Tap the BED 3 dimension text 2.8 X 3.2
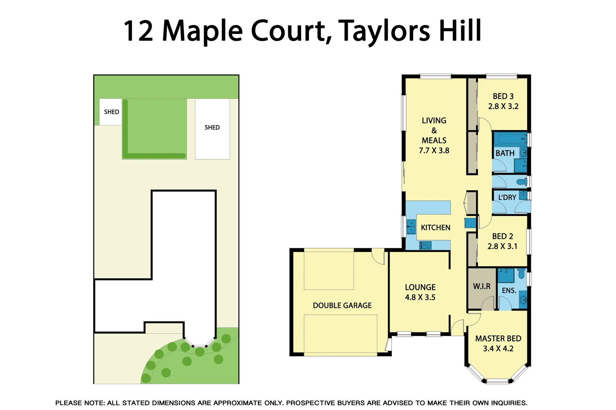coord(503,107)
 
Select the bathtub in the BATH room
coord(510,139)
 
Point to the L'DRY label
coord(507,197)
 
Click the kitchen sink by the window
coord(411,227)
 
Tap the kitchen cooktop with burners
coord(425,245)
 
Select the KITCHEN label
coord(435,228)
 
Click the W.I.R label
coord(481,287)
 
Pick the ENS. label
coord(509,291)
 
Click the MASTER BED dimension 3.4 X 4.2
coord(498,349)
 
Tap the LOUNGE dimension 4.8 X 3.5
coord(420,298)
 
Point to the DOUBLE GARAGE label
coord(342,306)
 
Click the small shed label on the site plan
coord(111,112)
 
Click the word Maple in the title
coord(202,31)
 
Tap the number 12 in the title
coord(138,31)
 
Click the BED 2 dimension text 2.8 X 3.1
coord(502,246)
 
